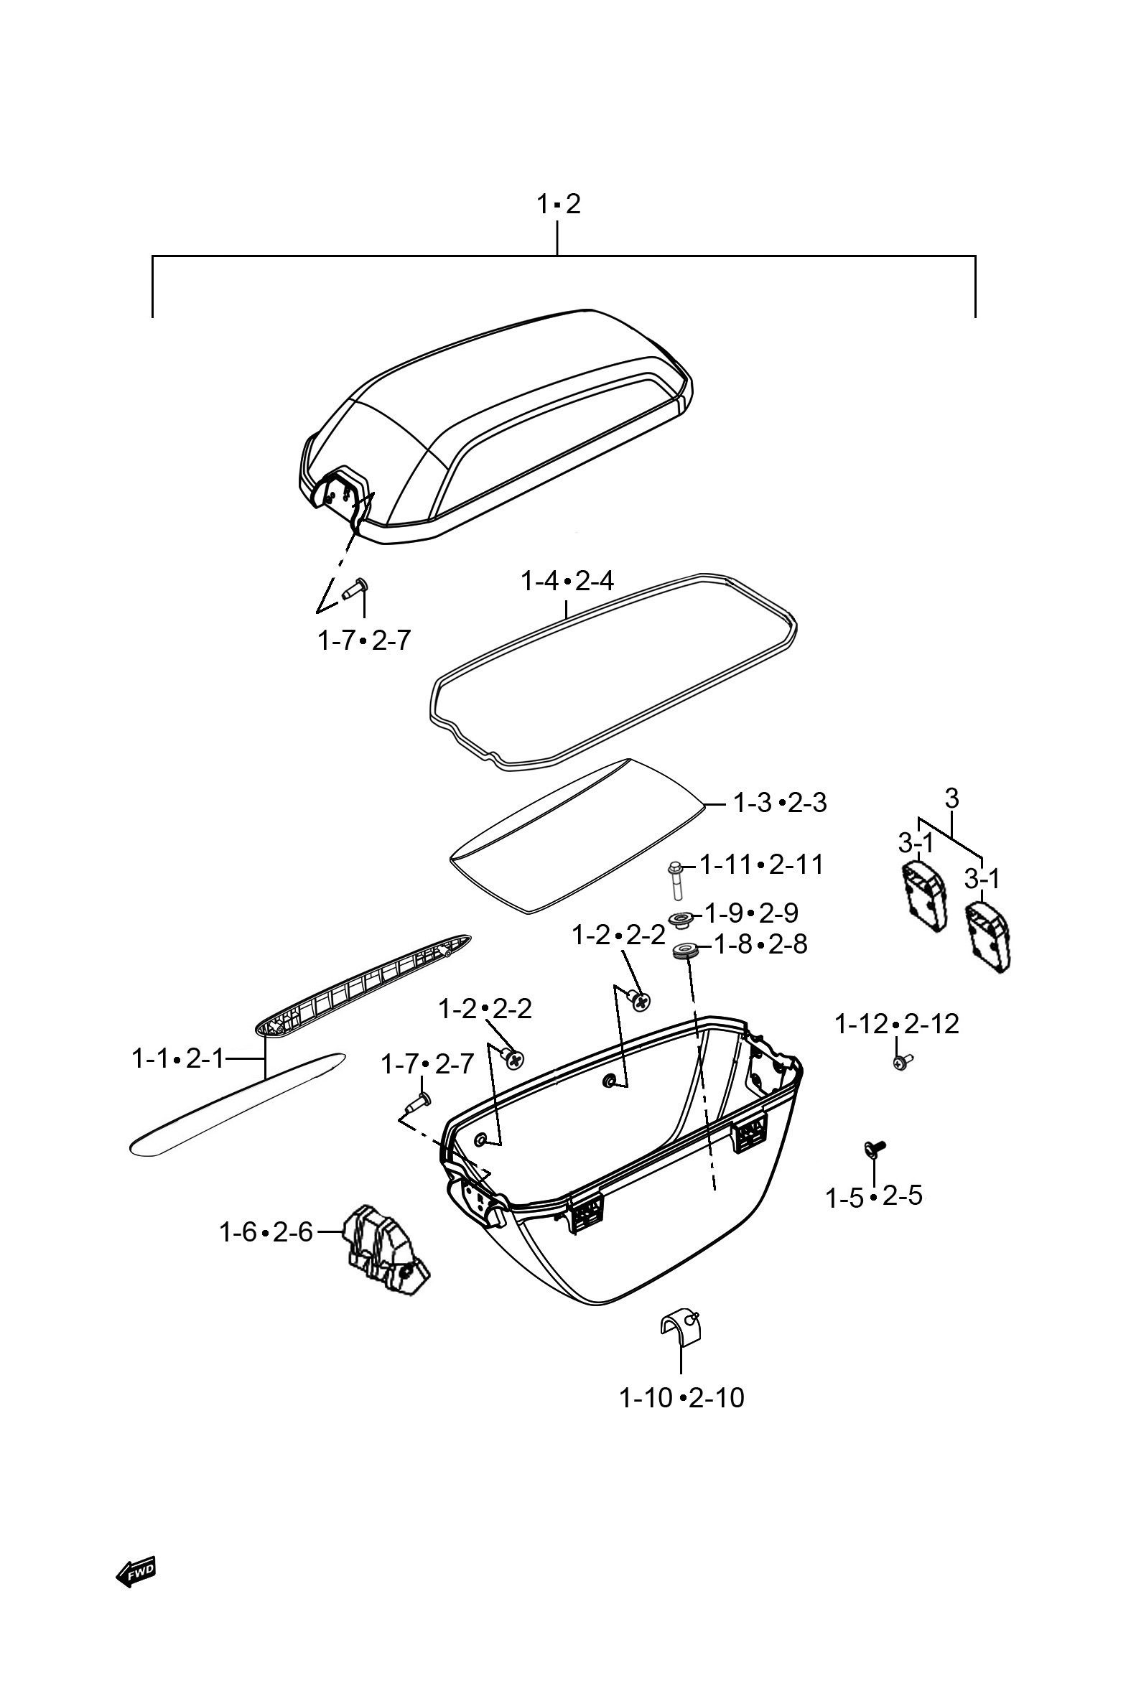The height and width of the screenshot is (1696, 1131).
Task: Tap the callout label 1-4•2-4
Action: tap(568, 580)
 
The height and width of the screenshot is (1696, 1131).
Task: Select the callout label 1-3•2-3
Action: tap(780, 803)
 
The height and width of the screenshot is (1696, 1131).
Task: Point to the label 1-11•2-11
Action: tap(762, 865)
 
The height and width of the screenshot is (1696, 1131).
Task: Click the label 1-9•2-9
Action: tap(752, 913)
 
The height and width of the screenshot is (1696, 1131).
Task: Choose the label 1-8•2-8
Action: tap(761, 944)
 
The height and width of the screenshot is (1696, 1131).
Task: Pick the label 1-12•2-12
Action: tap(898, 1024)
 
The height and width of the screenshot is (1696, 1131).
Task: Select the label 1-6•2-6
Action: tap(266, 1232)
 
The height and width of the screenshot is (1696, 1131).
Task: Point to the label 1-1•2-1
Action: tap(178, 1059)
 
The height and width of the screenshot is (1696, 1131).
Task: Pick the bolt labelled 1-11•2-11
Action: tap(676, 880)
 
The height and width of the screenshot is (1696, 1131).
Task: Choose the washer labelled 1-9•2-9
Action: tap(681, 920)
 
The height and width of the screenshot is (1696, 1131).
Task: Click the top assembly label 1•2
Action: tap(558, 204)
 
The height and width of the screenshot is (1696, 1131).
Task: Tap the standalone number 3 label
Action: tap(951, 798)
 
